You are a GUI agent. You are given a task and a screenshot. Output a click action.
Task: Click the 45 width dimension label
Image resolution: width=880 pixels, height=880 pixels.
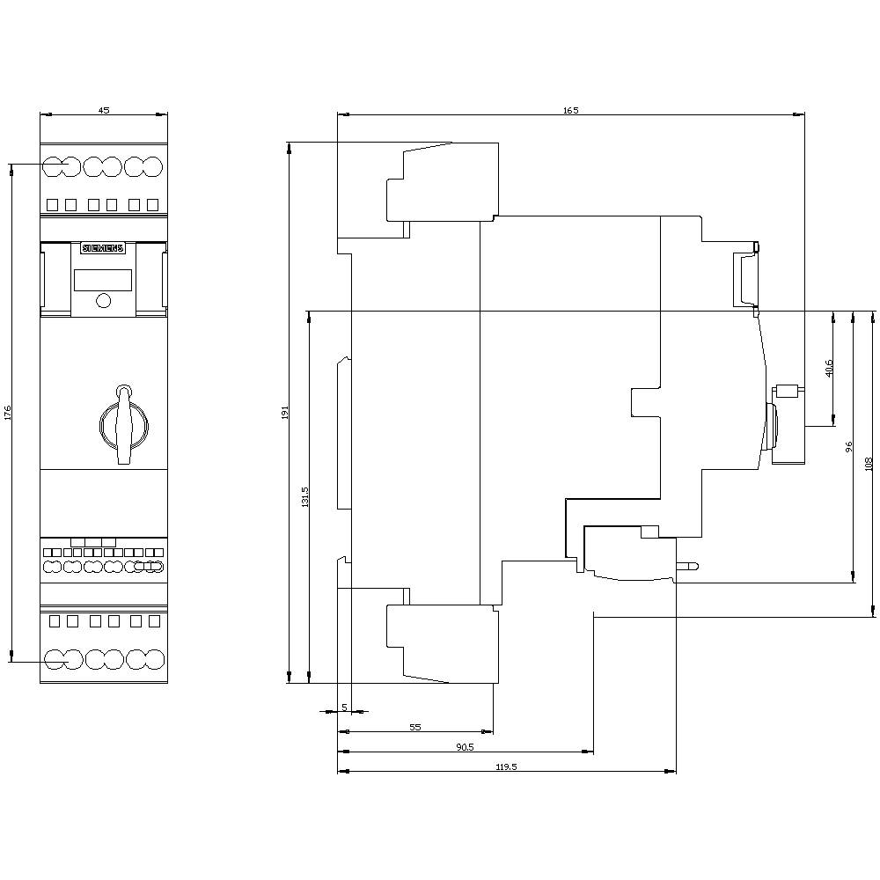click(x=104, y=110)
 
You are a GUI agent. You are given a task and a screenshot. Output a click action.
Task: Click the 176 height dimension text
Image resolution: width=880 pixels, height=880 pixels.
click(x=7, y=412)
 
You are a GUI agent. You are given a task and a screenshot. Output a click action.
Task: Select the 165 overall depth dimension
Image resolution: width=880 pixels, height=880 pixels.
click(x=571, y=110)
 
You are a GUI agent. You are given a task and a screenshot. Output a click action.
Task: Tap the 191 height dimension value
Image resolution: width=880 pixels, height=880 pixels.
click(x=284, y=412)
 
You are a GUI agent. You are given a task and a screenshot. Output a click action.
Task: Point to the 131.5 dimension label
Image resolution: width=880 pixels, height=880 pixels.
click(x=304, y=496)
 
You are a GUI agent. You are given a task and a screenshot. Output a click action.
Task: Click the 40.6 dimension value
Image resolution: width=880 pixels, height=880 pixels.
click(x=829, y=368)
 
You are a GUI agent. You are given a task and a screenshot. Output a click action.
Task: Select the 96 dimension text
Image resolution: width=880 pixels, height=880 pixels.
click(x=848, y=447)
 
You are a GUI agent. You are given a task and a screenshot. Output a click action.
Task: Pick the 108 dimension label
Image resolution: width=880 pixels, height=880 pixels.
click(x=869, y=464)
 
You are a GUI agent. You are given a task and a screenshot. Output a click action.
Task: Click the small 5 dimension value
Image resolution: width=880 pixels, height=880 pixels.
click(x=344, y=707)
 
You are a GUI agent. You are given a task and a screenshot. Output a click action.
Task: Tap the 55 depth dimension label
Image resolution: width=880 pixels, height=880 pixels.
click(x=415, y=727)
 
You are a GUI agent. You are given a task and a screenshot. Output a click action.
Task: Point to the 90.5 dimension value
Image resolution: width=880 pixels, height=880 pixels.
click(x=465, y=747)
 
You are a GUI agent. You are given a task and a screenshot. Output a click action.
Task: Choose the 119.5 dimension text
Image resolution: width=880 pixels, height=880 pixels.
click(x=506, y=767)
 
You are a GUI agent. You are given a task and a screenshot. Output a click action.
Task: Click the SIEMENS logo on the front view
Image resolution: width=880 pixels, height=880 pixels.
click(x=104, y=248)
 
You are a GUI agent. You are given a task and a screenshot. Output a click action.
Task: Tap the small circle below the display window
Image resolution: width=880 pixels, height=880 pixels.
click(x=103, y=302)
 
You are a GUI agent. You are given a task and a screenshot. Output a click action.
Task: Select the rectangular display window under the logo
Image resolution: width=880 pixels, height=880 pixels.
click(x=103, y=280)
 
